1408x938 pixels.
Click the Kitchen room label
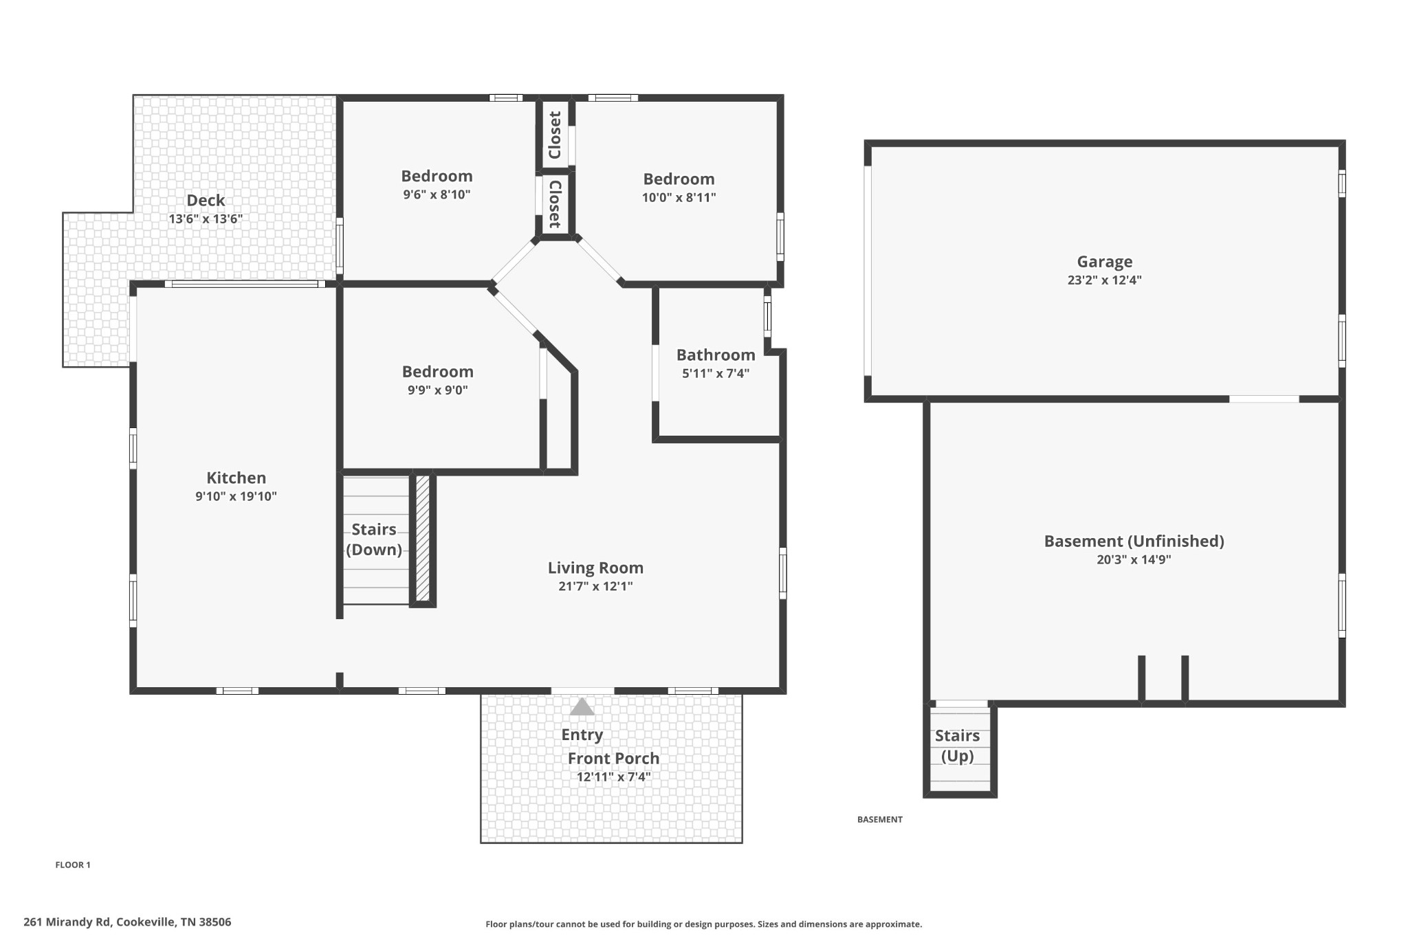pyautogui.click(x=236, y=478)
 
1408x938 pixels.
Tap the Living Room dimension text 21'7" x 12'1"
pyautogui.click(x=595, y=586)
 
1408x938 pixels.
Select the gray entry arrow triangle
pyautogui.click(x=582, y=706)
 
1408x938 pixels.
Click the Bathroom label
pyautogui.click(x=716, y=355)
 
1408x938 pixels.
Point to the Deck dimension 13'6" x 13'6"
pyautogui.click(x=206, y=219)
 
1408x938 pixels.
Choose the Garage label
pyautogui.click(x=1104, y=262)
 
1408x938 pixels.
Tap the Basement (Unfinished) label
pyautogui.click(x=1134, y=541)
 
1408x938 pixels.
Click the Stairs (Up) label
pyautogui.click(x=957, y=746)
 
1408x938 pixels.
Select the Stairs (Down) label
pyautogui.click(x=374, y=539)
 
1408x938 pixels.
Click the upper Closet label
pyautogui.click(x=555, y=135)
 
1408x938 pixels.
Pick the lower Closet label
pyautogui.click(x=555, y=204)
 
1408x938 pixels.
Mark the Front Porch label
pyautogui.click(x=613, y=759)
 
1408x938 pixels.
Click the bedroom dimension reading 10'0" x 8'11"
pyautogui.click(x=679, y=198)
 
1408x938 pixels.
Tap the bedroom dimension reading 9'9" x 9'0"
pyautogui.click(x=437, y=390)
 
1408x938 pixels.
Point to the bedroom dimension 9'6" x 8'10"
pyautogui.click(x=437, y=194)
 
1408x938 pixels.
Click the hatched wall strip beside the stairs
pyautogui.click(x=423, y=539)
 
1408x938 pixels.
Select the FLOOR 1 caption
pyautogui.click(x=73, y=865)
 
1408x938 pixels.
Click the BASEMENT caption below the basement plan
pyautogui.click(x=880, y=819)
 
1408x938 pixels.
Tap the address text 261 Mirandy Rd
pyautogui.click(x=67, y=922)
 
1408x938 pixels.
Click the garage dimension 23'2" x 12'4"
pyautogui.click(x=1104, y=280)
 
